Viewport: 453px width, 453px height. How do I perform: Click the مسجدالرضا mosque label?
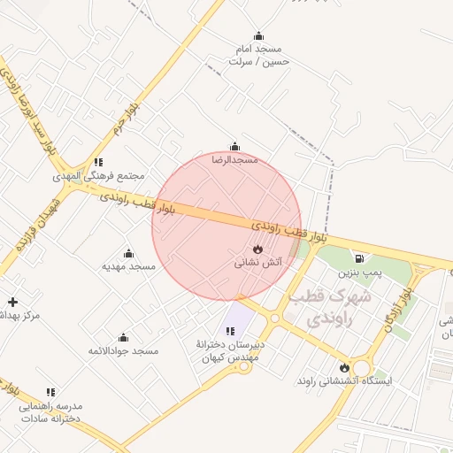click(x=234, y=160)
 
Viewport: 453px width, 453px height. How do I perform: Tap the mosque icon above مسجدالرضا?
click(x=234, y=147)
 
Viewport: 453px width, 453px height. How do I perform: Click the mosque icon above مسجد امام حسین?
click(x=258, y=36)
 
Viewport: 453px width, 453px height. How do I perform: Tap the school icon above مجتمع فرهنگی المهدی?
click(x=99, y=162)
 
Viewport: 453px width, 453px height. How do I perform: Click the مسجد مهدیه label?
click(x=128, y=266)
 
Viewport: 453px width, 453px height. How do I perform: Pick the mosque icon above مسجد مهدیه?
click(x=128, y=254)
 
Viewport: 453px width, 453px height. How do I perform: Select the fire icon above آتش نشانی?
click(x=258, y=250)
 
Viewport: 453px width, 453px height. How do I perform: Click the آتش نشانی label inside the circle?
click(x=258, y=264)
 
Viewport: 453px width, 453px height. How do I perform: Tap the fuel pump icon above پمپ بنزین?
click(x=359, y=258)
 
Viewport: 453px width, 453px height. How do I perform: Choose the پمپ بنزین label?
click(x=359, y=273)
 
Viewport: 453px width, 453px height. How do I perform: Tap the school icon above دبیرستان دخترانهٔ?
click(x=231, y=331)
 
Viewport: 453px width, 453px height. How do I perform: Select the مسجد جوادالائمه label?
click(x=123, y=351)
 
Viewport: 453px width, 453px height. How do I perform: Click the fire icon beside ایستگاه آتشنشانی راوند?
click(x=344, y=367)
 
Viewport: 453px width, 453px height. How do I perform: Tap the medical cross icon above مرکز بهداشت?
click(x=12, y=302)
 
